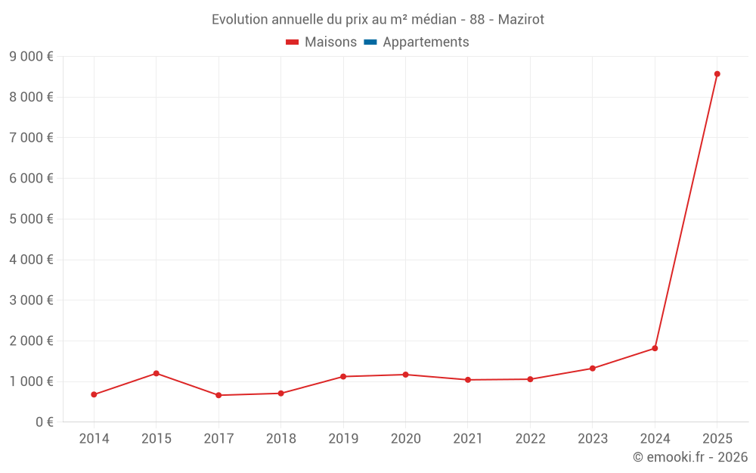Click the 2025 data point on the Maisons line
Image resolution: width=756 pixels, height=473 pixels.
(717, 74)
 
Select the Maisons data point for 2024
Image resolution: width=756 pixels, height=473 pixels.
(655, 348)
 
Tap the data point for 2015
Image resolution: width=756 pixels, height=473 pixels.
(156, 373)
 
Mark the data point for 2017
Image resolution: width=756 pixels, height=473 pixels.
(218, 395)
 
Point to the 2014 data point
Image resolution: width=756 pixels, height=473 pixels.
(94, 394)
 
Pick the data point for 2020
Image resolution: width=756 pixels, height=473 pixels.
(405, 375)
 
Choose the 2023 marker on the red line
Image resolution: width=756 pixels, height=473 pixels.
(593, 369)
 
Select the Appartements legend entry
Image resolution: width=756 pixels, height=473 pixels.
(426, 42)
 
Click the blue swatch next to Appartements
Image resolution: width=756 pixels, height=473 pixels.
(370, 42)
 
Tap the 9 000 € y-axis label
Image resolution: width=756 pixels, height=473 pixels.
(31, 56)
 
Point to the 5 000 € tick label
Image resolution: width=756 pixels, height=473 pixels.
(31, 219)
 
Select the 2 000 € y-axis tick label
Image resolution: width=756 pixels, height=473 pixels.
(31, 341)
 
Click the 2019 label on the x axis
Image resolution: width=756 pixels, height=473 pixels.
(343, 439)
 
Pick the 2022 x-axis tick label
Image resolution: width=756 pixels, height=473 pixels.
(530, 439)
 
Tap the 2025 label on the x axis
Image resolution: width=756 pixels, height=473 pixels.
(717, 439)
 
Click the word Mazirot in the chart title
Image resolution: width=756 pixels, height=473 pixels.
(521, 20)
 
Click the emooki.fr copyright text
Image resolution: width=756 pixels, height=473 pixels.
(690, 457)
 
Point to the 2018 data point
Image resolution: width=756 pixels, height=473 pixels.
(280, 394)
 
